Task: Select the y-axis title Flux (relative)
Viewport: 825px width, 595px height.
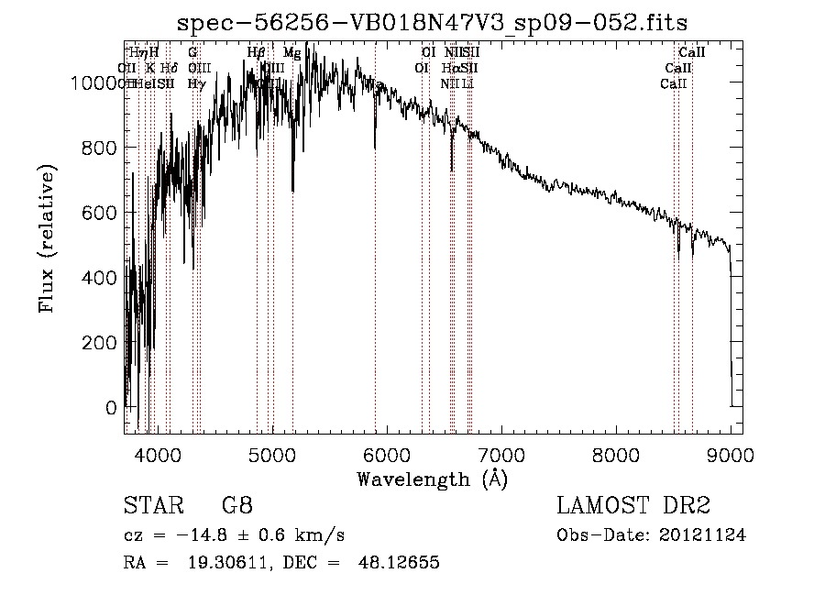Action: (47, 238)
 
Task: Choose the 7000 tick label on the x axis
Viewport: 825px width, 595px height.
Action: (501, 454)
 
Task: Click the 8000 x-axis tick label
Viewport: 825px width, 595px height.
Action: (616, 454)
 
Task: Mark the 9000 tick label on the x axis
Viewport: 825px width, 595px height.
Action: (731, 454)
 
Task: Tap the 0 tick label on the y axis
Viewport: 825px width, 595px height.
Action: (112, 407)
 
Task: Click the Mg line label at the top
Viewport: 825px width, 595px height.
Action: (291, 53)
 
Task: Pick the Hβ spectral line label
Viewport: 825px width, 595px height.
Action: (256, 53)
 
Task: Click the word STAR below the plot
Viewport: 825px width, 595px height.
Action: (150, 505)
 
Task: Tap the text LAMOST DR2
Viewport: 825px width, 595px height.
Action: (633, 505)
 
